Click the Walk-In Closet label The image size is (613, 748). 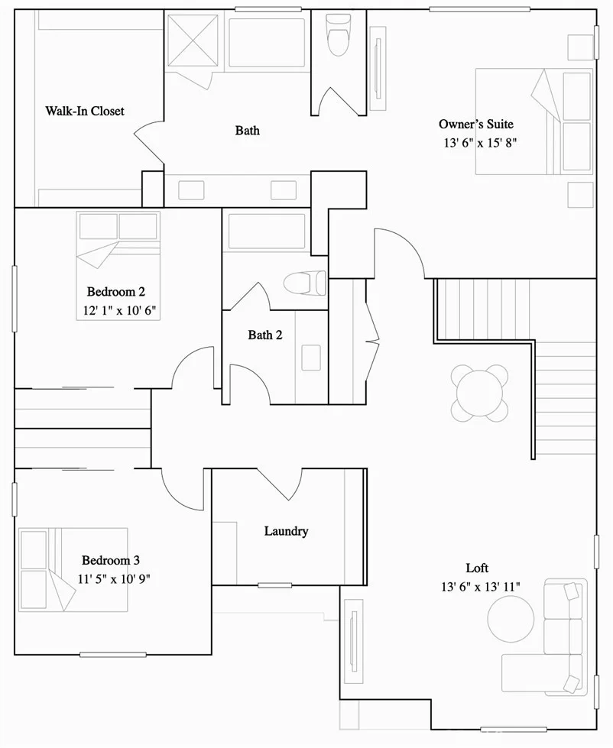[x=85, y=111]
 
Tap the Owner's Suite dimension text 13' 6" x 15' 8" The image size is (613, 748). [x=480, y=143]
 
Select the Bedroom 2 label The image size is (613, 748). [x=116, y=291]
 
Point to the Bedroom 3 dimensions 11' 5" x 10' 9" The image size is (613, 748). [x=114, y=578]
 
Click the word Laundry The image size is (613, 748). [x=286, y=532]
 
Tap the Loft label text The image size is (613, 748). [x=477, y=568]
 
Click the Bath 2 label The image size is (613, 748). [x=265, y=335]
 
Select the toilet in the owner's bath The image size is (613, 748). [x=338, y=35]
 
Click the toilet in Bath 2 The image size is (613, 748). [x=305, y=283]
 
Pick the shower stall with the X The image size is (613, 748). [x=193, y=40]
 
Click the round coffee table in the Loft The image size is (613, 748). [x=511, y=619]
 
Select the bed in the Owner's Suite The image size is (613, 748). [x=534, y=121]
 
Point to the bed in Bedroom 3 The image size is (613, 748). [x=73, y=569]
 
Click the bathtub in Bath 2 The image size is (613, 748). [x=268, y=232]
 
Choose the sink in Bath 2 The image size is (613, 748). [x=311, y=358]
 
